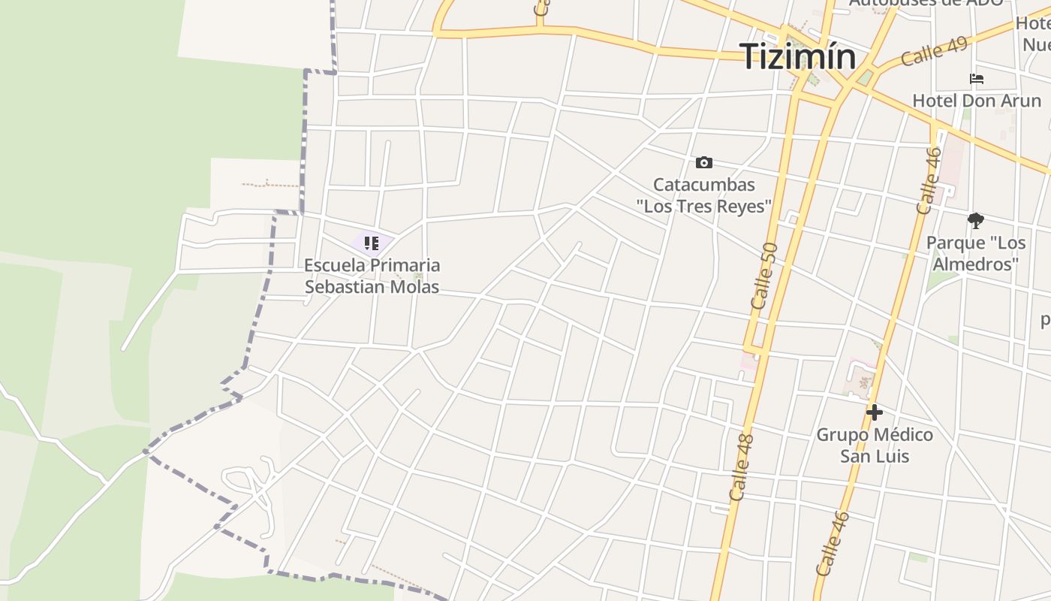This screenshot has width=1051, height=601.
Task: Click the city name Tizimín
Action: coord(797,57)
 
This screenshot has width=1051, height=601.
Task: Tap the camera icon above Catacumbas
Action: coord(703,162)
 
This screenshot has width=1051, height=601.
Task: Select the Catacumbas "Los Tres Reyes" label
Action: coord(703,195)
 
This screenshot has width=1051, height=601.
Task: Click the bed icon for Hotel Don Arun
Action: coord(976,79)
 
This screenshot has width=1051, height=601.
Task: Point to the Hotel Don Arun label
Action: coord(976,101)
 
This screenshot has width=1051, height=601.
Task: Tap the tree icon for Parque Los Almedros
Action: coord(975,221)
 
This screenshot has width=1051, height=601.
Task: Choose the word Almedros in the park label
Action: coord(975,264)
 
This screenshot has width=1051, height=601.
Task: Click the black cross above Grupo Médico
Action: coord(874,412)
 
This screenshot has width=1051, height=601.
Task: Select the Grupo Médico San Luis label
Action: coord(874,445)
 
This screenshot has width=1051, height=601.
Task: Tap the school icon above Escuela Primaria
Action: coord(371,243)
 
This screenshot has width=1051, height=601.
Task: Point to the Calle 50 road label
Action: coord(764,275)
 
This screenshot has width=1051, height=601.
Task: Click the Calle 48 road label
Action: coord(741,467)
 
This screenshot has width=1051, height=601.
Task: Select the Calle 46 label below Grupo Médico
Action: coord(833,543)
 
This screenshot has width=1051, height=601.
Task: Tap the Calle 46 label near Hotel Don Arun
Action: coord(929,181)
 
